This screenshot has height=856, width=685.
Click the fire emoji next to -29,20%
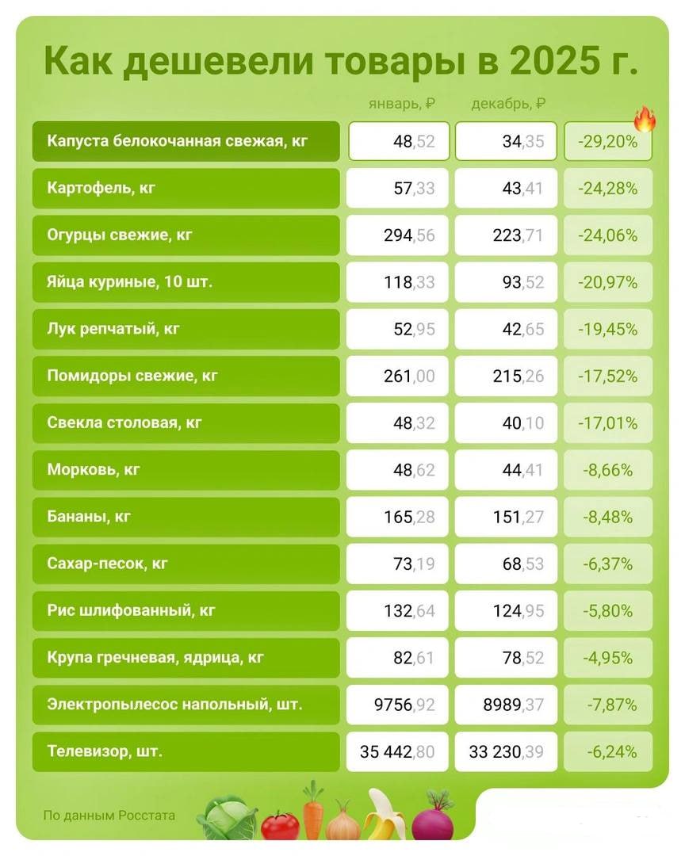pyautogui.click(x=645, y=119)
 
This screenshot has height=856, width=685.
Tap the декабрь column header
pyautogui.click(x=508, y=104)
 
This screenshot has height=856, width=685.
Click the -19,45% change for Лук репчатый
pyautogui.click(x=608, y=330)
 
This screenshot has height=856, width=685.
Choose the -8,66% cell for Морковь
pyautogui.click(x=608, y=470)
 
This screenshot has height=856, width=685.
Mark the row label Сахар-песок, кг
pyautogui.click(x=108, y=564)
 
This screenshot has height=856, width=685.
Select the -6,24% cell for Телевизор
pyautogui.click(x=608, y=751)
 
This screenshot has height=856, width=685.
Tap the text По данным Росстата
pyautogui.click(x=109, y=815)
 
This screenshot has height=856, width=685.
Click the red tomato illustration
pyautogui.click(x=280, y=824)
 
